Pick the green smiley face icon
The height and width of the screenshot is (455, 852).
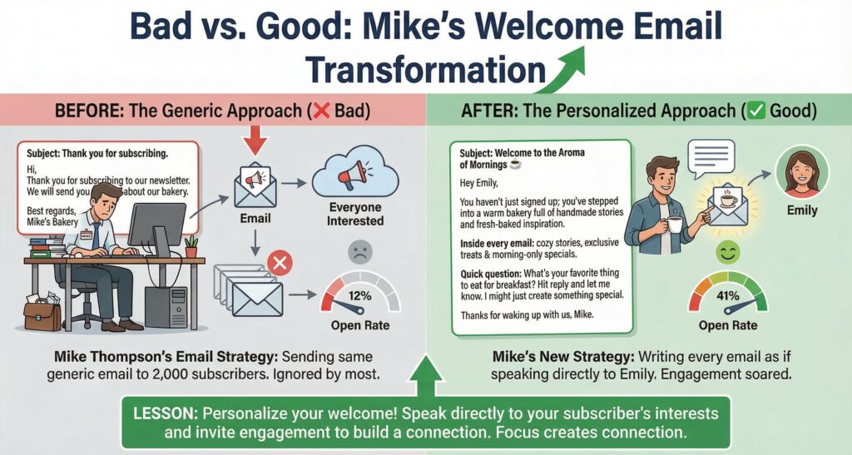(726, 252)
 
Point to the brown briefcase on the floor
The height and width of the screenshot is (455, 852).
(42, 315)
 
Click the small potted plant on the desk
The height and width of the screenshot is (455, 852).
(191, 246)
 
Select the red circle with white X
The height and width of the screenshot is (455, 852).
(282, 265)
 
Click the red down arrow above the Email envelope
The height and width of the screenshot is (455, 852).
(254, 140)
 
